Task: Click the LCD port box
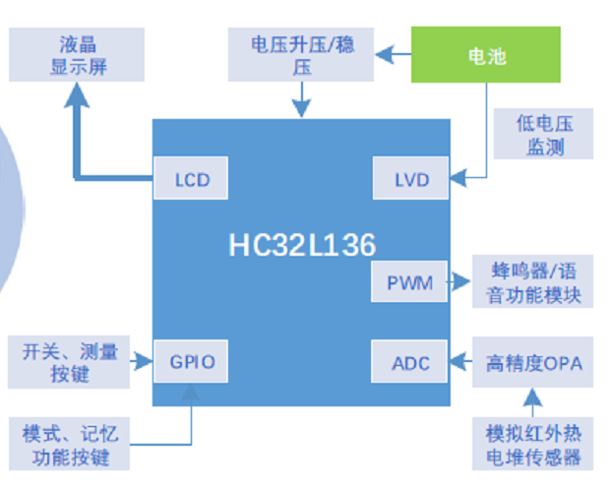(192, 180)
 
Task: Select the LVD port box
(410, 180)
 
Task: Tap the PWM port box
(408, 283)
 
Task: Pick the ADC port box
(410, 363)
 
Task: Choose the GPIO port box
(192, 363)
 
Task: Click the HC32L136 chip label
(302, 244)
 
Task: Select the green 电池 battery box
(487, 55)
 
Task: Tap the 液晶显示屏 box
(77, 55)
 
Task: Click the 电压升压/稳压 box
(302, 55)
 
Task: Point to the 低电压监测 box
(544, 135)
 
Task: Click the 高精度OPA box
(533, 363)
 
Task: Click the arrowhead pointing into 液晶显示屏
(77, 95)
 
